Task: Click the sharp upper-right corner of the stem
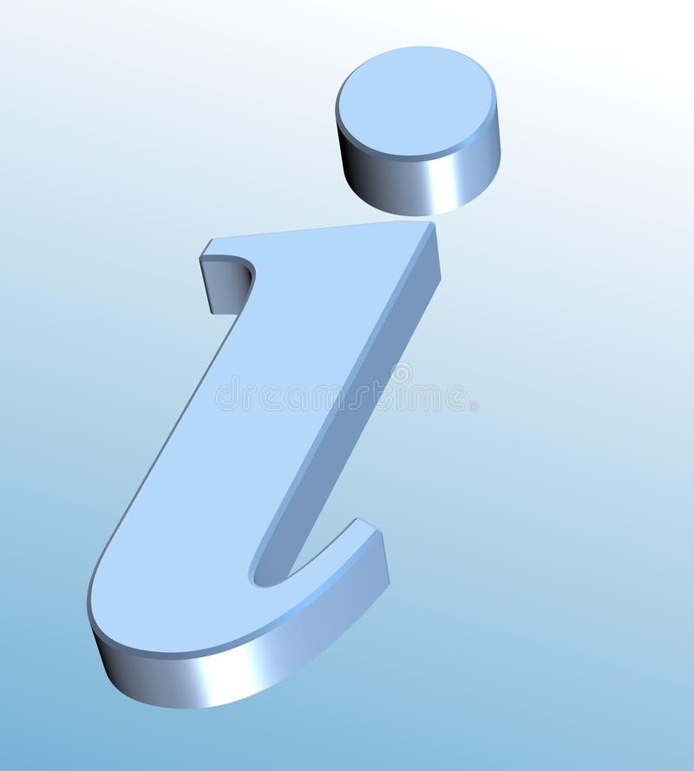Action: click(x=431, y=223)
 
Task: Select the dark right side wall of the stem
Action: click(x=364, y=391)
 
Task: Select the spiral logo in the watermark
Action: click(x=400, y=373)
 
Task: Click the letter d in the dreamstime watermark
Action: click(x=225, y=396)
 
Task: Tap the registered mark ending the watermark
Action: click(x=473, y=405)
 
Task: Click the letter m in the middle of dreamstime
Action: click(x=322, y=397)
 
